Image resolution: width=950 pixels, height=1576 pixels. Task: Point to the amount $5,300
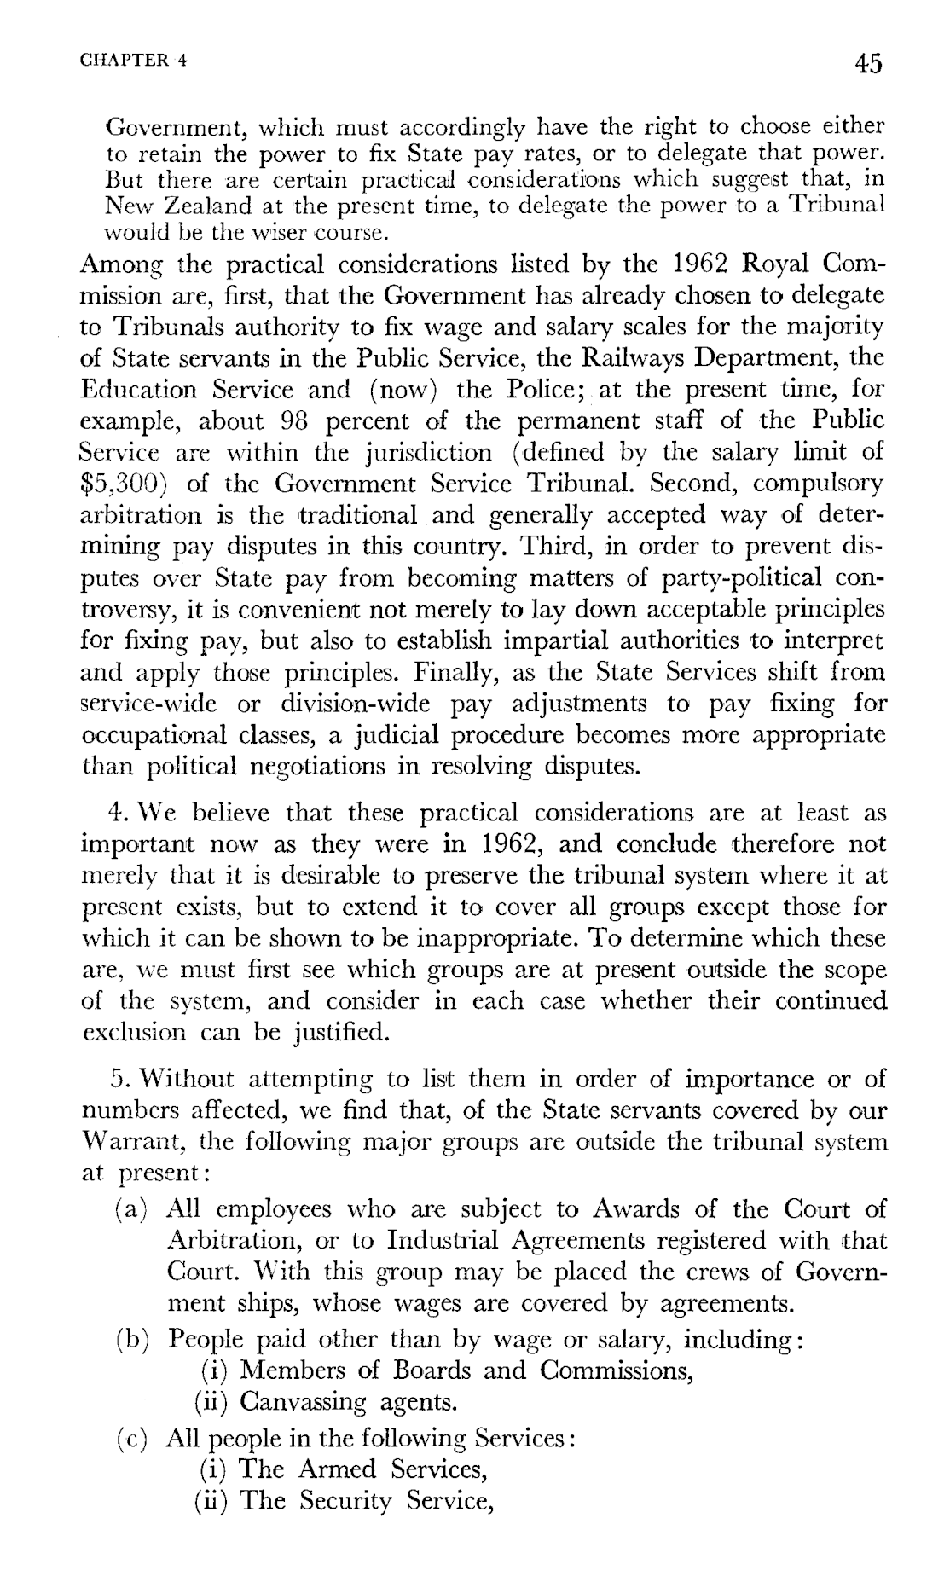click(126, 484)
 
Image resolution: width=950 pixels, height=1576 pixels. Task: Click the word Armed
click(337, 1469)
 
